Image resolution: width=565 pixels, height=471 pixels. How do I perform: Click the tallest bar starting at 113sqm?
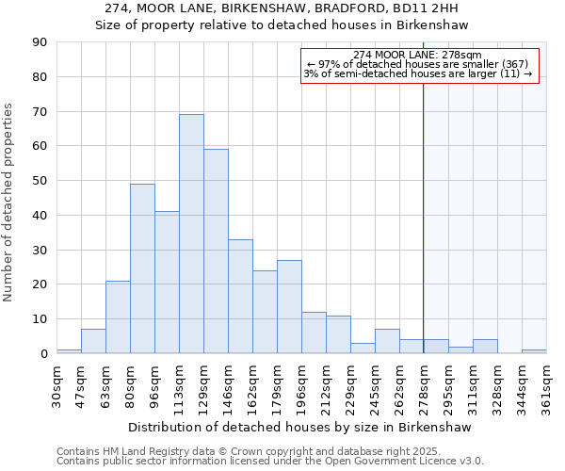(x=191, y=234)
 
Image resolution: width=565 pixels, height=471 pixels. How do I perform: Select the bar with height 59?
(x=216, y=251)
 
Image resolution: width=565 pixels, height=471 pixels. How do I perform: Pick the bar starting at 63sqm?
(x=118, y=317)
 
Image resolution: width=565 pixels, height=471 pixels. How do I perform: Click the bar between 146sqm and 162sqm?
(x=240, y=296)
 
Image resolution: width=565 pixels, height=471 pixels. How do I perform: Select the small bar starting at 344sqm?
(x=534, y=351)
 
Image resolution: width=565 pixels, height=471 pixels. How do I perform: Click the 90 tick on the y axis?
(x=40, y=42)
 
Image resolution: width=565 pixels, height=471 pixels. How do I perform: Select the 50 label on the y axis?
(x=40, y=181)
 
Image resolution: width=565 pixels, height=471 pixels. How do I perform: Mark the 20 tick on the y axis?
(x=40, y=284)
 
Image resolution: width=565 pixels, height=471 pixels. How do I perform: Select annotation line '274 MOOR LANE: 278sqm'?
(x=420, y=55)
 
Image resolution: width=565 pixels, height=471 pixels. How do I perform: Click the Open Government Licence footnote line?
(x=270, y=462)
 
